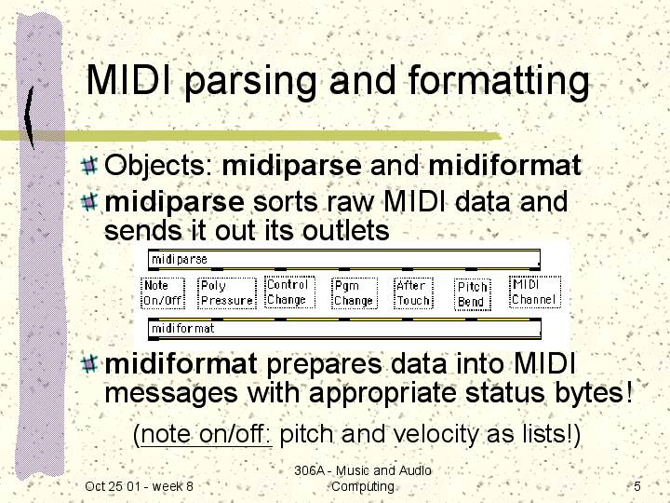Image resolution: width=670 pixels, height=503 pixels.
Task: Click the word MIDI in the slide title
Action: coord(130,79)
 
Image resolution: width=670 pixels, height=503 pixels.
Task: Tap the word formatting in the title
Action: coord(499,82)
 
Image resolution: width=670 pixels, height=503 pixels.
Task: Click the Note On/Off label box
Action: coord(163,293)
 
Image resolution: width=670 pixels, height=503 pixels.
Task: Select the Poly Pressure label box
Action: coord(227,293)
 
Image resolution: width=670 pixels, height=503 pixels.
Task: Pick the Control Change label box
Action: coord(289,292)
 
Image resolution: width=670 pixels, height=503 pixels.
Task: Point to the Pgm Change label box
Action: coord(355,293)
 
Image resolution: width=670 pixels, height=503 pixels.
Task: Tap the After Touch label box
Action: coord(413,293)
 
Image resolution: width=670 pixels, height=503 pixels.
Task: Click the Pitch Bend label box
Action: coord(472,294)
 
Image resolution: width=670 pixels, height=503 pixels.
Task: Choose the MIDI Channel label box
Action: coord(534,292)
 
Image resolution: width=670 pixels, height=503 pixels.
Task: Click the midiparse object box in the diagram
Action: coord(344,260)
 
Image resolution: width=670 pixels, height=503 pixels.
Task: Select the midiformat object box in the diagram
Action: coord(344,329)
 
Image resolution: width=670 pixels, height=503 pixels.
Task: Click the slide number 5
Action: coord(637,486)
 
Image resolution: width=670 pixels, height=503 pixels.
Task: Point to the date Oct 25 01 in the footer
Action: coord(113,486)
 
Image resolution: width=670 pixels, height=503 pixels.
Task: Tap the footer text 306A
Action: coord(308,470)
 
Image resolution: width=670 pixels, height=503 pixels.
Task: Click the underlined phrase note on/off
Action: coord(206,434)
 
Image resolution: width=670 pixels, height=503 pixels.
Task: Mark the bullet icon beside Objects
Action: coord(89,166)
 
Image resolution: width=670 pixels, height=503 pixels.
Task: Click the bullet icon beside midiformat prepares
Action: coord(89,364)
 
